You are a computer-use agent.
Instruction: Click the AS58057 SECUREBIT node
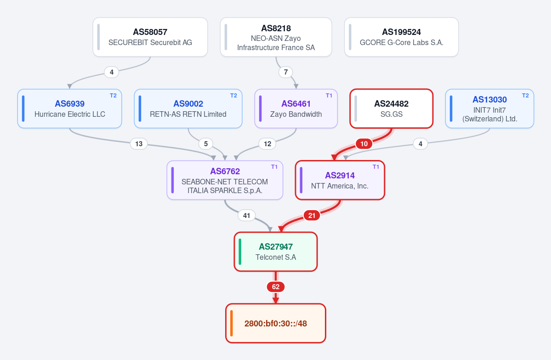point(150,37)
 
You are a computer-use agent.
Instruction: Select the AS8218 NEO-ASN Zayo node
point(276,37)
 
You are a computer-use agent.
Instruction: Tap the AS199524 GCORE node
point(401,37)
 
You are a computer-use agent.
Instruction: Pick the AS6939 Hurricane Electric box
point(69,109)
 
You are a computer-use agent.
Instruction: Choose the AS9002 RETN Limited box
point(188,109)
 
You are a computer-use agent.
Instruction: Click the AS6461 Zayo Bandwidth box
point(296,109)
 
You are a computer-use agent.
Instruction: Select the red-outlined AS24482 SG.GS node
point(392,109)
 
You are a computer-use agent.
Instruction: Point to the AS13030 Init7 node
point(489,109)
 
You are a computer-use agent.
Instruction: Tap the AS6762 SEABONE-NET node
point(225,180)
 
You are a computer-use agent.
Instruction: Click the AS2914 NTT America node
point(340,180)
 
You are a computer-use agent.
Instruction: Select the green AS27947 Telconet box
point(276,251)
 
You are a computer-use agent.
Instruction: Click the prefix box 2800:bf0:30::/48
point(276,323)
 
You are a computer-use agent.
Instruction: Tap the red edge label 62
point(276,287)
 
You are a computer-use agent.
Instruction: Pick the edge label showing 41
point(247,216)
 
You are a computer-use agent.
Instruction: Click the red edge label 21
point(312,216)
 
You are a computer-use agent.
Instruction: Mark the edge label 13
point(139,144)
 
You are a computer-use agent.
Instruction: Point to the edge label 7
point(286,72)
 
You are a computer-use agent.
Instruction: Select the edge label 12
point(267,144)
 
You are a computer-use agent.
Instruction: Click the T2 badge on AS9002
point(234,96)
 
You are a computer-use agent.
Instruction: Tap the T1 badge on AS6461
point(329,96)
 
